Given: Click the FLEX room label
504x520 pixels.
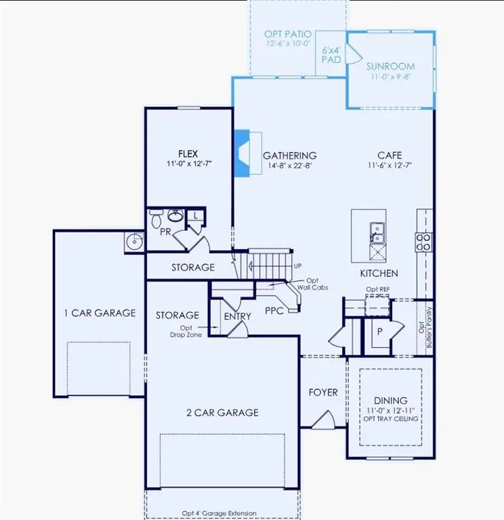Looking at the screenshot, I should point(188,153).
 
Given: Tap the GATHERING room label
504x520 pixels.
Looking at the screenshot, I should point(289,156).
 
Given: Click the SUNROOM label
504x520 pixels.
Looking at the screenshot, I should point(390,67).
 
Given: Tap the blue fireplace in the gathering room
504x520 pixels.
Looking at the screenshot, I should point(242,154).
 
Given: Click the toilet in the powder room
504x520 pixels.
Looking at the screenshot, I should point(156,219).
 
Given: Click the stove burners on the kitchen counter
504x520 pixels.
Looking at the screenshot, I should point(424,242).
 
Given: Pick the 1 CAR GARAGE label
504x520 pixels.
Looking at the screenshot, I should point(100,313).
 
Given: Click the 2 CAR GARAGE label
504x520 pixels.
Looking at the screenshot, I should point(223,412).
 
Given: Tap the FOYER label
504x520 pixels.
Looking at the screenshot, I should point(323,392).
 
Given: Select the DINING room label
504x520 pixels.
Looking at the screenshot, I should point(390,401).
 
